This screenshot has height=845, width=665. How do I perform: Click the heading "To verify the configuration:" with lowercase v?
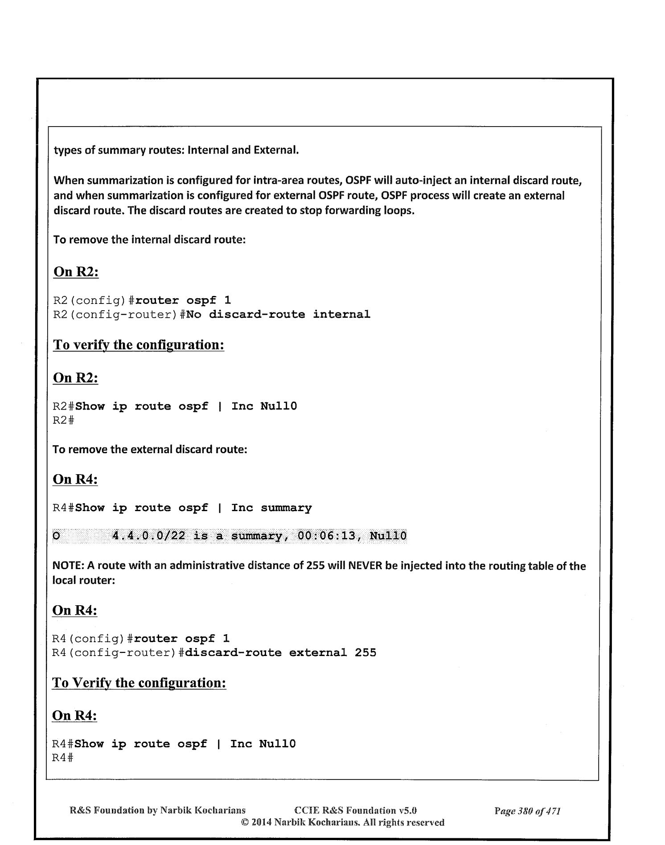coord(138,345)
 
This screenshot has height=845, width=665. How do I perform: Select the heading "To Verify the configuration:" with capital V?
coord(139,683)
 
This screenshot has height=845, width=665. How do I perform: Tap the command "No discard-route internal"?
coord(278,315)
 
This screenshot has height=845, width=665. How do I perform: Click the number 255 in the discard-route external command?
coord(365,653)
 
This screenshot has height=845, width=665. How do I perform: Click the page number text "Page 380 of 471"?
coord(527,811)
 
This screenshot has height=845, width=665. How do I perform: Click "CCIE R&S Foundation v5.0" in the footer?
coord(356,811)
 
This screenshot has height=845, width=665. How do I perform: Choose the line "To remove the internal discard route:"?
coord(149,240)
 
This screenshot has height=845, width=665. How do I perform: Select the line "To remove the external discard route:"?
coord(150,449)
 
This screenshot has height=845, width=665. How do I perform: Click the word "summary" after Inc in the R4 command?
coord(286,508)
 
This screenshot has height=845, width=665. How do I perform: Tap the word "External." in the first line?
coord(276,150)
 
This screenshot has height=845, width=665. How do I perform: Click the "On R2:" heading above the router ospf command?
coord(76,272)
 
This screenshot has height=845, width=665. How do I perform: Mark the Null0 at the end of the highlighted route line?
coord(388,536)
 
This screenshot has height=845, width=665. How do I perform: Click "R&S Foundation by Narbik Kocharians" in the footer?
coord(158,811)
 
